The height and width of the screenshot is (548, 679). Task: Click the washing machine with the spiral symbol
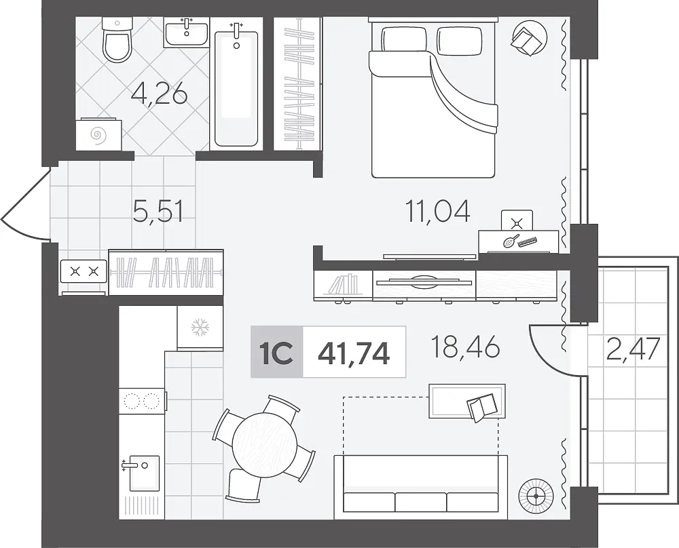click(x=98, y=134)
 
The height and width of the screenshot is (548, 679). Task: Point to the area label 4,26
click(x=160, y=95)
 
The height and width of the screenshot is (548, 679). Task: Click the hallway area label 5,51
click(x=158, y=212)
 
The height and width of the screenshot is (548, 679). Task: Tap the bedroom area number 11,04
click(x=437, y=212)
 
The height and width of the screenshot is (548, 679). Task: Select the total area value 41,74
click(x=354, y=353)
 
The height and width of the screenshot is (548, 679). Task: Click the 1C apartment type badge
click(x=277, y=352)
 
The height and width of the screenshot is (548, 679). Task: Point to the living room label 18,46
click(x=466, y=347)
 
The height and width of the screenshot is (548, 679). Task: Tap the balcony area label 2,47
click(x=634, y=349)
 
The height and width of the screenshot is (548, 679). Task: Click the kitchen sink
click(x=142, y=473)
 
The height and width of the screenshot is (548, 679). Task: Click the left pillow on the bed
click(x=404, y=39)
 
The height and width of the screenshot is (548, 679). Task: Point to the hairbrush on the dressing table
click(x=511, y=241)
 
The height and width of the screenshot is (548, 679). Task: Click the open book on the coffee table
click(x=482, y=406)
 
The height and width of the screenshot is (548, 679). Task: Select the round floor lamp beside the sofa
click(x=536, y=495)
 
